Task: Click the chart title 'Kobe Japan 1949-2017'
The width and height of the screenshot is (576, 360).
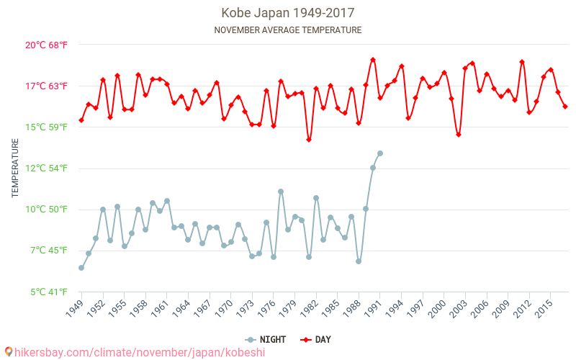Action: click(x=287, y=13)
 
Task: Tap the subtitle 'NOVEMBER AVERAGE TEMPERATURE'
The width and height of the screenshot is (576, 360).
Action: click(x=287, y=30)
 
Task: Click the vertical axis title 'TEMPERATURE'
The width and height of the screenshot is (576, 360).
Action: click(x=15, y=168)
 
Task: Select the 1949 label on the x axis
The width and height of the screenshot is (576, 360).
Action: click(x=76, y=308)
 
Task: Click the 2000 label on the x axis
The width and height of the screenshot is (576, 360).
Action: click(x=438, y=308)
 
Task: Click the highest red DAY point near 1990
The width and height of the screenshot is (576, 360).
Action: click(x=373, y=60)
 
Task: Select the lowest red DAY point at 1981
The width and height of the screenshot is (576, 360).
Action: click(x=309, y=140)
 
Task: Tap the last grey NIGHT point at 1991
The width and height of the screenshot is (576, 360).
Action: click(x=380, y=153)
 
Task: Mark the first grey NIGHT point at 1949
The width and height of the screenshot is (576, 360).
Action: click(x=81, y=268)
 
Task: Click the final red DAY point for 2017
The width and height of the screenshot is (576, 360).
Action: click(x=565, y=107)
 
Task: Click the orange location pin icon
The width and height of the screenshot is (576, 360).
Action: click(x=9, y=352)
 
